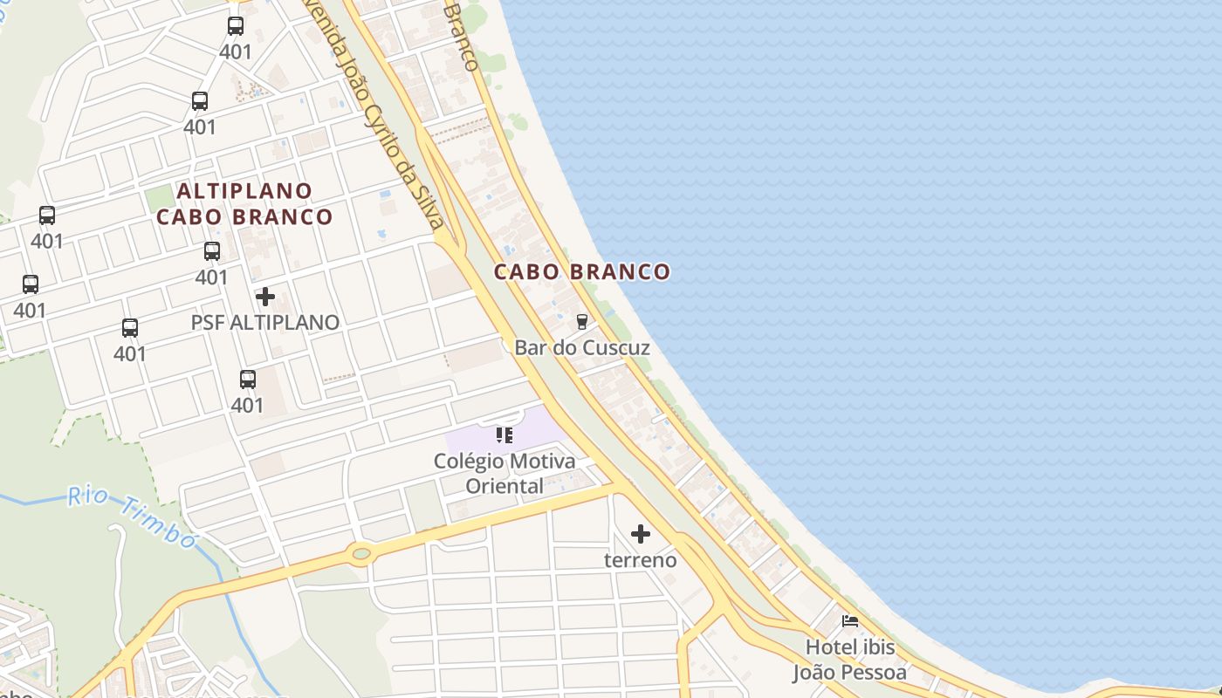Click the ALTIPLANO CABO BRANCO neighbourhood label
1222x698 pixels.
pyautogui.click(x=244, y=203)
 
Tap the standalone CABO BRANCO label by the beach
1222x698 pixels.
pyautogui.click(x=582, y=271)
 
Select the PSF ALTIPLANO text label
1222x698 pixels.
pyautogui.click(x=265, y=322)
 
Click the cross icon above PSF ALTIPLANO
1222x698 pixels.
pyautogui.click(x=265, y=297)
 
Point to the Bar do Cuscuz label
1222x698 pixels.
pyautogui.click(x=582, y=347)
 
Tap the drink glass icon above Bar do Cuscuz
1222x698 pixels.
pyautogui.click(x=582, y=322)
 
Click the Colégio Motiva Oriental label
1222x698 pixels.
pyautogui.click(x=505, y=473)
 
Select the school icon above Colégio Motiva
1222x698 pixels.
pyautogui.click(x=505, y=435)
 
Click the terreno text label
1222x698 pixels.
pyautogui.click(x=641, y=559)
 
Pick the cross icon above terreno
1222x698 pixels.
pyautogui.click(x=641, y=534)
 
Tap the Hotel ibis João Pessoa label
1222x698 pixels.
pyautogui.click(x=849, y=660)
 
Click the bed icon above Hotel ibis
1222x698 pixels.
pyautogui.click(x=849, y=621)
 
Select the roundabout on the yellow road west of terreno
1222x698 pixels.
pyautogui.click(x=360, y=552)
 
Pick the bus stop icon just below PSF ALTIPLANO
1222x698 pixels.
pyautogui.click(x=248, y=380)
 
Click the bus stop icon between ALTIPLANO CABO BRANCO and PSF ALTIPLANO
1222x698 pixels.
pyautogui.click(x=212, y=251)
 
